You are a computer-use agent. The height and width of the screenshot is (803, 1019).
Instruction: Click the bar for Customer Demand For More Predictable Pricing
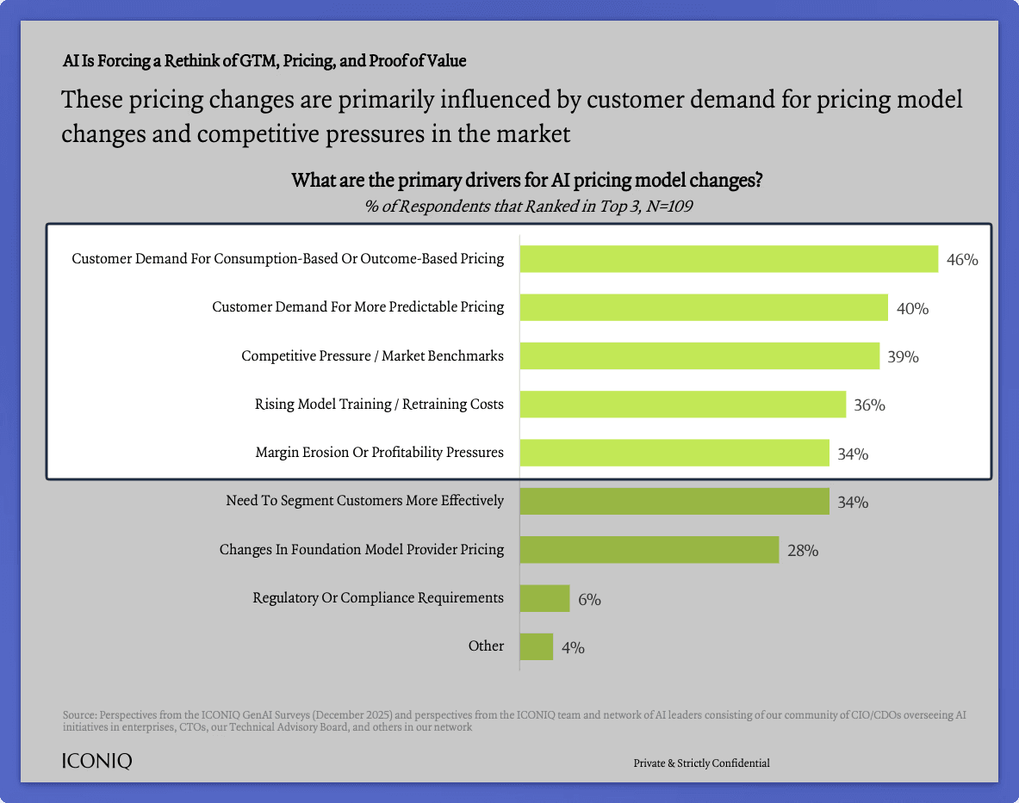point(703,307)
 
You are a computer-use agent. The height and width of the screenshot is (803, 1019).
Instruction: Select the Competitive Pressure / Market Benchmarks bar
point(699,355)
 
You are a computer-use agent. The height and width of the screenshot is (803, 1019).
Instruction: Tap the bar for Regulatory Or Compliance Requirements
point(544,598)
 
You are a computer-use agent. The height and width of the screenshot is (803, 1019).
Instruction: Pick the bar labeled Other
point(536,646)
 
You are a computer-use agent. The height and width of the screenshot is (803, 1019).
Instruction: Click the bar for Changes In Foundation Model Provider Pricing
point(649,550)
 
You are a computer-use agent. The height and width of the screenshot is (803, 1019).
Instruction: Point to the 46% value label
point(962,260)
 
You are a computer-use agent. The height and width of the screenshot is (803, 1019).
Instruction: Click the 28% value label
point(802,551)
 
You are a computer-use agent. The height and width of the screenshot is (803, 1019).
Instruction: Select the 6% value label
point(589,599)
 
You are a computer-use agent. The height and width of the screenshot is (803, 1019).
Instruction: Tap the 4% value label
point(573,647)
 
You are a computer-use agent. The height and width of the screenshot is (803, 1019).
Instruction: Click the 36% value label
point(869,405)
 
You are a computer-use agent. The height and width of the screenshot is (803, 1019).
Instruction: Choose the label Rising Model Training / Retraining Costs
point(379,404)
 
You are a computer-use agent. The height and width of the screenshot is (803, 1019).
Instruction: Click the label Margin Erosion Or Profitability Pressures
point(379,452)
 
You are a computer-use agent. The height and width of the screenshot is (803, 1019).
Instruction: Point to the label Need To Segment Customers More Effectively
point(364,500)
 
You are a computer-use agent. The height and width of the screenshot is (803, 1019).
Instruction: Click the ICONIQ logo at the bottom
point(97,762)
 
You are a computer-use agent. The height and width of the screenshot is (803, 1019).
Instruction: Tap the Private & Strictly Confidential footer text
point(701,763)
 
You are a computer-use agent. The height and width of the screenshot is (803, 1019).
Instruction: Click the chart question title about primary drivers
point(527,182)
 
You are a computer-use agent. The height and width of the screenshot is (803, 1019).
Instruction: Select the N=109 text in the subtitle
point(666,206)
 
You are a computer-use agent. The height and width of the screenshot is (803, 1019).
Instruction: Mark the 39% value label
point(903,356)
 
